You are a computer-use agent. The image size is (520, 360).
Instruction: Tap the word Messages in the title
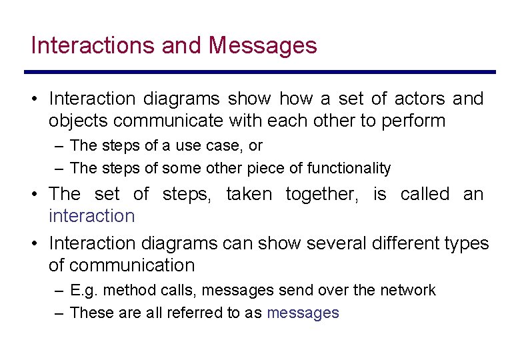coord(263,46)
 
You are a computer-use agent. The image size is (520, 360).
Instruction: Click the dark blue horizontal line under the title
coord(260,72)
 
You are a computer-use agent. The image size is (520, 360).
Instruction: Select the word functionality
coord(349,168)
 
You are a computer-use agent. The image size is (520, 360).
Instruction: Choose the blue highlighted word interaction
coord(91,216)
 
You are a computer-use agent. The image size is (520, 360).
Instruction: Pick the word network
coord(407,290)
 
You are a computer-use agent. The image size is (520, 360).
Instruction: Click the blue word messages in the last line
coord(303,313)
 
